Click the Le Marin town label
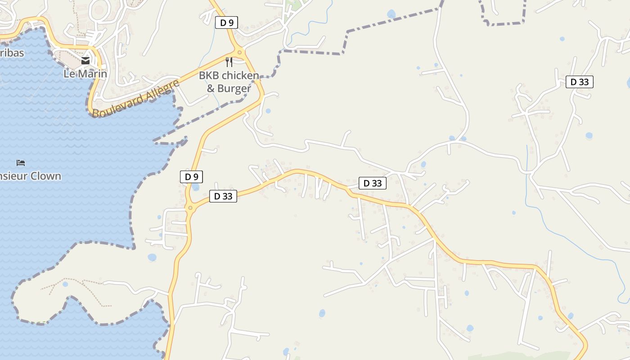85,73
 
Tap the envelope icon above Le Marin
85,61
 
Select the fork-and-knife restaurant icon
229,62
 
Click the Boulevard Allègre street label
135,99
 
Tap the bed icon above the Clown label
21,162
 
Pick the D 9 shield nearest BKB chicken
226,22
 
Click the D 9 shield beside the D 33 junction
191,177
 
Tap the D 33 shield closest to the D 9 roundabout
223,196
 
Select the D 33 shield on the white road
580,82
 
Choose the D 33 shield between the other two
373,183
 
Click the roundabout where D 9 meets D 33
190,208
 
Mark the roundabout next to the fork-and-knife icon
239,53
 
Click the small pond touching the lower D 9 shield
195,186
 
